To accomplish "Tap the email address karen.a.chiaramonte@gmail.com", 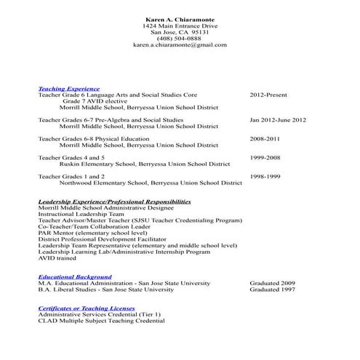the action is point(180,45).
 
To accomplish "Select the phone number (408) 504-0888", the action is point(180,39).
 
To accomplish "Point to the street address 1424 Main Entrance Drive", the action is point(180,25).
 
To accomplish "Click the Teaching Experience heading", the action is point(69,89).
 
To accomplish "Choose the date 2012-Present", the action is point(268,95).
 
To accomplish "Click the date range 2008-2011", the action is point(265,138).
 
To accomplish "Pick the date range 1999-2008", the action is point(265,157).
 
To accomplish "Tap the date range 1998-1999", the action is point(265,176).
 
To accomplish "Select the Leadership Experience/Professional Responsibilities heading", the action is point(114,201).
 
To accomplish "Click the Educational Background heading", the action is point(75,277).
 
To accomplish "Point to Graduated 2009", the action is point(272,283).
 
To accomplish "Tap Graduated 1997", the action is point(272,289).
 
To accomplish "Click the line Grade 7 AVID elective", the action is point(93,101).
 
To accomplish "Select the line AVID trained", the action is point(57,258).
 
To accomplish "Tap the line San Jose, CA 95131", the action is point(180,32).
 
